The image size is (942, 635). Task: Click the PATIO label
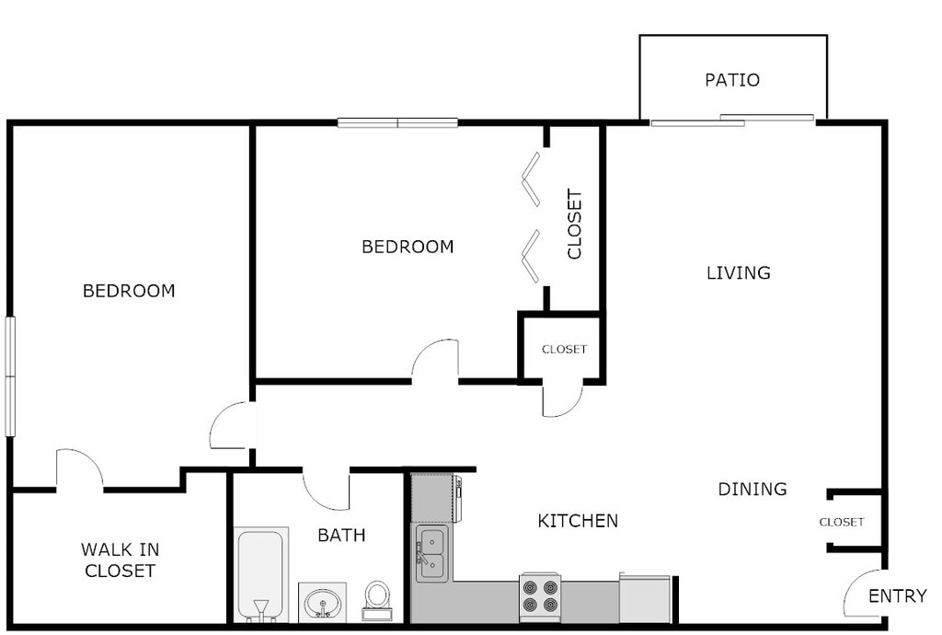click(x=732, y=80)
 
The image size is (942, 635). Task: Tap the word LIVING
click(x=738, y=273)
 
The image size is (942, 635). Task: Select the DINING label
click(x=752, y=490)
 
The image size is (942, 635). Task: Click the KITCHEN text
click(x=578, y=522)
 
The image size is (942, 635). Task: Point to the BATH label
click(x=341, y=536)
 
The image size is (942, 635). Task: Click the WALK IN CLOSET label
click(x=120, y=560)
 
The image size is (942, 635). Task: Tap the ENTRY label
click(x=898, y=596)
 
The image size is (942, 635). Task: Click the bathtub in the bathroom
click(x=260, y=572)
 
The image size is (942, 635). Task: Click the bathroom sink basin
click(x=322, y=603)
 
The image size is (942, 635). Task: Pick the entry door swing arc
click(x=861, y=594)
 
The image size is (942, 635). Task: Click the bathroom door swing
click(x=325, y=491)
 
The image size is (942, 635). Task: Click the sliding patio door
click(x=732, y=120)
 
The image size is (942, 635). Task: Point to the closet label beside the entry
click(x=842, y=523)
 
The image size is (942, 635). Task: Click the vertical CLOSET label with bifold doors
click(x=575, y=224)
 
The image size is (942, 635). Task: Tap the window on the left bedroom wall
click(x=10, y=375)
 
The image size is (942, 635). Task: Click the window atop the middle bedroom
click(x=397, y=122)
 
